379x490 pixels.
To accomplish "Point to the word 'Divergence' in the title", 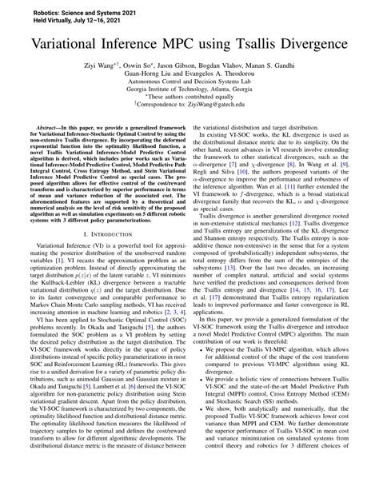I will (x=328, y=45).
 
